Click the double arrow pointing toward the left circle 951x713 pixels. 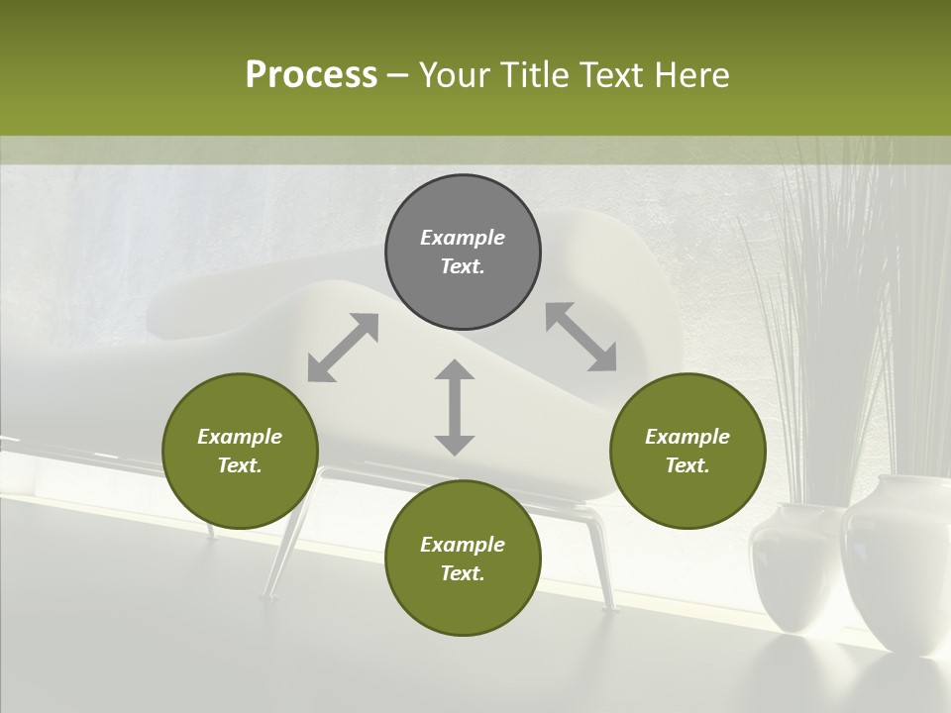coord(343,348)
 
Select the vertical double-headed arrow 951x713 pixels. coord(455,407)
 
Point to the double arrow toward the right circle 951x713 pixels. coord(581,337)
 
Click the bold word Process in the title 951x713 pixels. coord(311,74)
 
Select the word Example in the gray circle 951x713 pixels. coord(463,238)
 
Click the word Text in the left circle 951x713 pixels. coord(239,465)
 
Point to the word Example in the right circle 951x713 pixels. coord(687,437)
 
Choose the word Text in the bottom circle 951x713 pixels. coord(462,573)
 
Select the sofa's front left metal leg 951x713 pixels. coord(287,540)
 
